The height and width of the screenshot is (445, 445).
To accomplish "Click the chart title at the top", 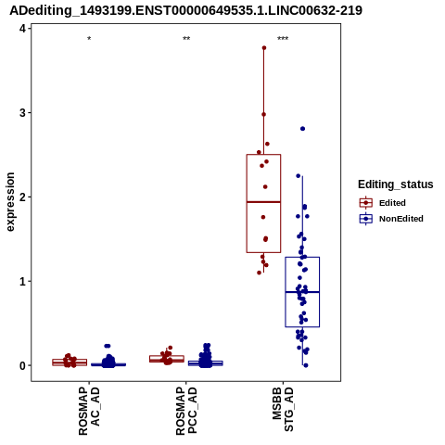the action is [x=185, y=11].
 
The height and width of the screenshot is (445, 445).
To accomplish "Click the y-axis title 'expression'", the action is [x=10, y=202].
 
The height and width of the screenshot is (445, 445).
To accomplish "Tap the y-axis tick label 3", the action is [x=22, y=113].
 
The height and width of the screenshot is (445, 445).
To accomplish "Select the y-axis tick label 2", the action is [x=22, y=197].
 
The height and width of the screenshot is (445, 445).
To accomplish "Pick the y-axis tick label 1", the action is [x=22, y=281].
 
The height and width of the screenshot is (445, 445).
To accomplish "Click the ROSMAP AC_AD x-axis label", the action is [x=89, y=411].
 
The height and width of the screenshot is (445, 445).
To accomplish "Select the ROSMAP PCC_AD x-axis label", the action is [x=186, y=411].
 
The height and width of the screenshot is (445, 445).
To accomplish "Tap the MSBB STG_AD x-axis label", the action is [x=283, y=410].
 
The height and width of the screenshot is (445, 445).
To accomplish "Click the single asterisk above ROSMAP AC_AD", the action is [x=89, y=39].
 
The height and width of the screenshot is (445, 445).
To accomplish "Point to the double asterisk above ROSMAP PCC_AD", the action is [x=186, y=39].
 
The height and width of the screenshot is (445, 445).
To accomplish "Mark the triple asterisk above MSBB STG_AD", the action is [x=283, y=39].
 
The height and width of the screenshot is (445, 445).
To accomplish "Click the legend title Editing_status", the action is [x=396, y=184].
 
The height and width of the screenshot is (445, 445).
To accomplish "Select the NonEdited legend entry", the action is [x=391, y=219].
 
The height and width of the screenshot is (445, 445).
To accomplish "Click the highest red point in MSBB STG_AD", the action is [x=264, y=48].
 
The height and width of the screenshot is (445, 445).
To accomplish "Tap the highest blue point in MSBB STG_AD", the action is [x=303, y=129].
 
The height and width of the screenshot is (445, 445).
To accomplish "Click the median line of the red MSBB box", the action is [x=263, y=202].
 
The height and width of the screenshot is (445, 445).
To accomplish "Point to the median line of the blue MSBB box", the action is [x=302, y=292].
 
